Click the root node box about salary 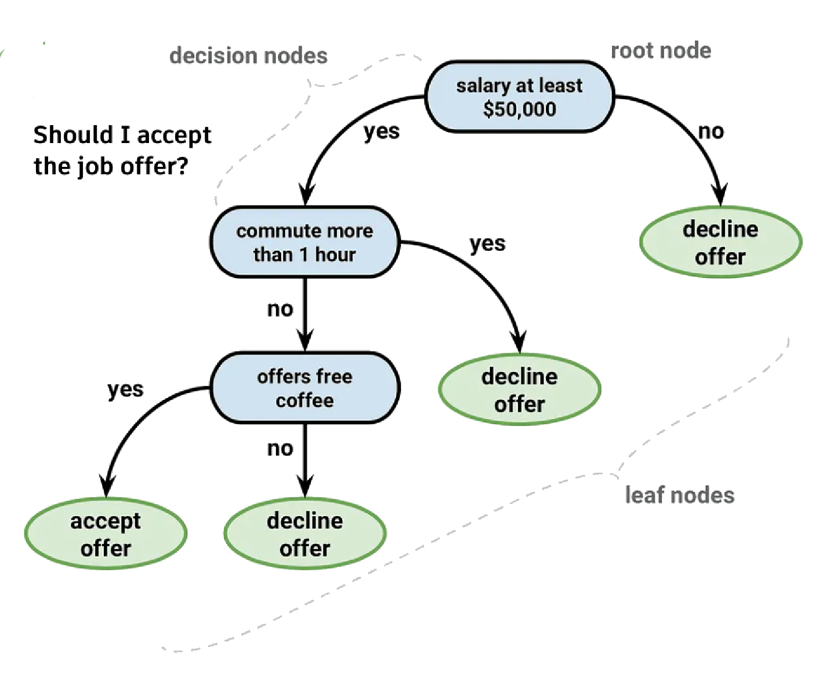pos(519,97)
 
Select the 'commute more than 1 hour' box pos(305,242)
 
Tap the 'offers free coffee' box pos(305,387)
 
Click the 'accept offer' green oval pos(105,533)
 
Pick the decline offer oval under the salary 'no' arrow pos(720,242)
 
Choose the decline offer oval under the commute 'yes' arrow pos(519,389)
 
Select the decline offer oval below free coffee pos(305,533)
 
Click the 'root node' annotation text pos(661,51)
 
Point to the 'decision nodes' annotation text pos(248,56)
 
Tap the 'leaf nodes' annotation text pos(679,495)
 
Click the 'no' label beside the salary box pos(711,131)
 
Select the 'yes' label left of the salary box pos(381,131)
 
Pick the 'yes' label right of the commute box pos(487,243)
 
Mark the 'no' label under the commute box pos(280,309)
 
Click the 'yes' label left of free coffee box pos(125,389)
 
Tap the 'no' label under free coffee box pos(280,448)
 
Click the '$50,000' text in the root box pos(519,109)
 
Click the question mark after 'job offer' pos(181,166)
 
